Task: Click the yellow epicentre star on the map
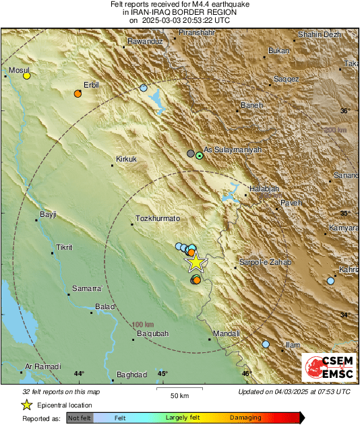pos(196,262)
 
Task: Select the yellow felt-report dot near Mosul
pos(27,76)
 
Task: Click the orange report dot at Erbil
pos(78,94)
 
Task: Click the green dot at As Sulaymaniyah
pos(200,156)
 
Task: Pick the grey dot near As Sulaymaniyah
pos(191,154)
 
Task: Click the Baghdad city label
pos(131,374)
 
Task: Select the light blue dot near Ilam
pos(266,344)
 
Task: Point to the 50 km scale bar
pos(179,389)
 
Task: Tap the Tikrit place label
pos(65,247)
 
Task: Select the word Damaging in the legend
pos(245,418)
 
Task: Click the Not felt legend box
pos(80,418)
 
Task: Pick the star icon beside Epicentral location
pos(26,405)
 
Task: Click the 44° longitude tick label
pos(79,374)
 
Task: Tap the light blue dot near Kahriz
pos(330,280)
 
